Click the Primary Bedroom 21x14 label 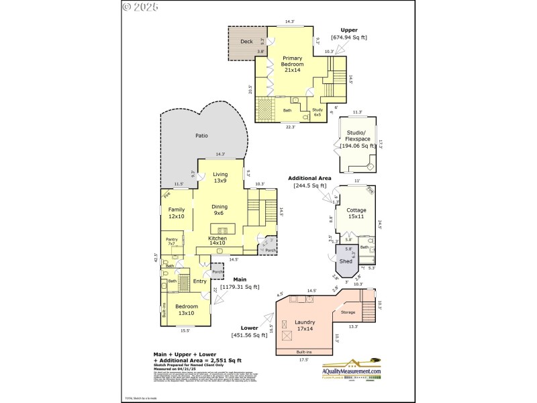292,64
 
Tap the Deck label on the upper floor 246,42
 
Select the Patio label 201,136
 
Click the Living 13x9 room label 220,177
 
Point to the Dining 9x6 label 219,210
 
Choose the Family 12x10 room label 177,213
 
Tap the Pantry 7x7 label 172,240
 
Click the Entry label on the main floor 200,281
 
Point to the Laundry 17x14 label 305,326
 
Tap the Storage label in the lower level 348,312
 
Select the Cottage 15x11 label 356,213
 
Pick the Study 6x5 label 318,112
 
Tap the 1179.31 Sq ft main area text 240,287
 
